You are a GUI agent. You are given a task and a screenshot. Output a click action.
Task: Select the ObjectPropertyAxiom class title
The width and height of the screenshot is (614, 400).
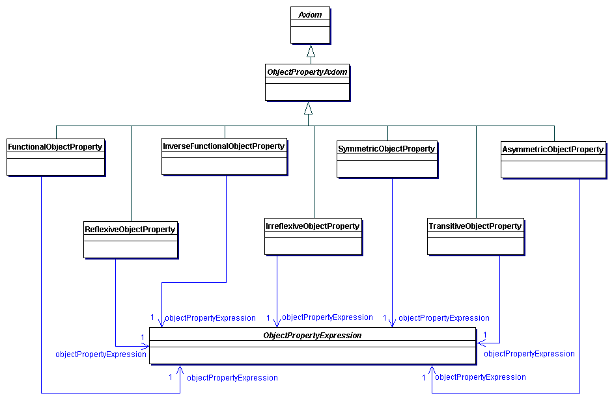click(x=307, y=72)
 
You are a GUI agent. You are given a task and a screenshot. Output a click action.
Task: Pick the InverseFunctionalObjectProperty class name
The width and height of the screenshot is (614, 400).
click(x=224, y=146)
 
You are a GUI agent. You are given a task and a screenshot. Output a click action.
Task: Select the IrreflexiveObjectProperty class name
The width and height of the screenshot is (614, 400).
click(x=313, y=226)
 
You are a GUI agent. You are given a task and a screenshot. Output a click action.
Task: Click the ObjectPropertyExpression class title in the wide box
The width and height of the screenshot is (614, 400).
click(x=313, y=336)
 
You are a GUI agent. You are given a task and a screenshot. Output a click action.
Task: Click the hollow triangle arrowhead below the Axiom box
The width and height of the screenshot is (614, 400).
click(x=311, y=51)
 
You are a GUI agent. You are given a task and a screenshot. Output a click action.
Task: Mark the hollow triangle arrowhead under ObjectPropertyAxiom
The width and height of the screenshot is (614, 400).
click(x=308, y=108)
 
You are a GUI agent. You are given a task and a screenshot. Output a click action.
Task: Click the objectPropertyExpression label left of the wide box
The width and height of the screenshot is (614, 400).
click(x=101, y=354)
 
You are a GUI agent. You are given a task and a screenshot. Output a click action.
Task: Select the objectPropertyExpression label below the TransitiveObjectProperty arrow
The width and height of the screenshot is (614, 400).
click(x=529, y=354)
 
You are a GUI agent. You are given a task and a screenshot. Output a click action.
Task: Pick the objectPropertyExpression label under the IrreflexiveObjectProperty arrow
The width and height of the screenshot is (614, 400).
click(x=327, y=317)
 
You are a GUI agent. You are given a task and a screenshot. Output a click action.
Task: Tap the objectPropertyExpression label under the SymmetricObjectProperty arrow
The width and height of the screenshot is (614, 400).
click(x=443, y=318)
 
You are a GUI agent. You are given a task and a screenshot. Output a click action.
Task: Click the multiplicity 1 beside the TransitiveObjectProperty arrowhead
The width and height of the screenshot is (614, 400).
click(x=486, y=334)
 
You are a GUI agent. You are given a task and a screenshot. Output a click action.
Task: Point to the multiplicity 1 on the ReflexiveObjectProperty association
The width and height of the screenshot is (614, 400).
click(x=143, y=337)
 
